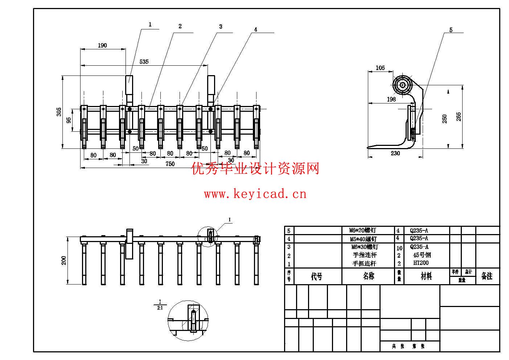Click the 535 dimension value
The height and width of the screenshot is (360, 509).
pos(144,62)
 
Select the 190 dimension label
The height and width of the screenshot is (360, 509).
pos(102,45)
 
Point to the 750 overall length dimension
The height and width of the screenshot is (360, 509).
pos(170,164)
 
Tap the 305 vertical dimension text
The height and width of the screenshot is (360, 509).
pos(59,112)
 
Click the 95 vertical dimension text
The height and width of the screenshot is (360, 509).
pos(69,120)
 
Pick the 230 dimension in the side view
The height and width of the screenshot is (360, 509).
pos(395,154)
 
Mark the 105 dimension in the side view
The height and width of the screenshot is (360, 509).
pos(380,68)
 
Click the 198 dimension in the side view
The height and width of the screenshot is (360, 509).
pos(391,99)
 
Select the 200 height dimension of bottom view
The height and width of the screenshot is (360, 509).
pos(64,260)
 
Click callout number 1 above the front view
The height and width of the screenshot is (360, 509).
pos(150,25)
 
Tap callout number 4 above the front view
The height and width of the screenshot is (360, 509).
pos(255,29)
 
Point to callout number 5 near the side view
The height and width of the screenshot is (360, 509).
pos(451,30)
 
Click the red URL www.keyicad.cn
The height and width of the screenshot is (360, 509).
pos(255,194)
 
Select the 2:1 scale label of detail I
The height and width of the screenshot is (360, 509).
pos(160,308)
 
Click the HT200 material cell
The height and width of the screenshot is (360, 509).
pos(420,263)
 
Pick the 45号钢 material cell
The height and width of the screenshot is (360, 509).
pos(422,255)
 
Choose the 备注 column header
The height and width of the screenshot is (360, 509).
pos(487,276)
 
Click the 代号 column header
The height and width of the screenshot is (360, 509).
pos(317,277)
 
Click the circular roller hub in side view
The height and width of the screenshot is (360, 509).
pos(402,86)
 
